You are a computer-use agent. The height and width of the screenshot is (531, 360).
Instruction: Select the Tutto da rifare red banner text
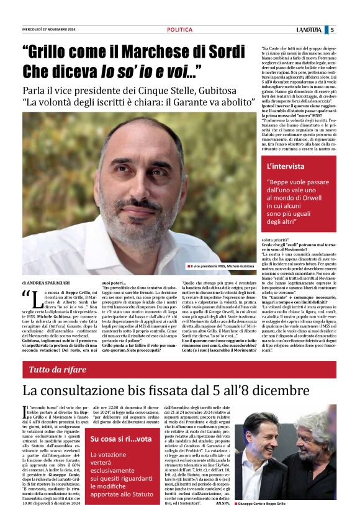pyautogui.click(x=57, y=370)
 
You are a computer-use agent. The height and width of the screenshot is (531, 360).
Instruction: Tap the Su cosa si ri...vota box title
pyautogui.click(x=120, y=439)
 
